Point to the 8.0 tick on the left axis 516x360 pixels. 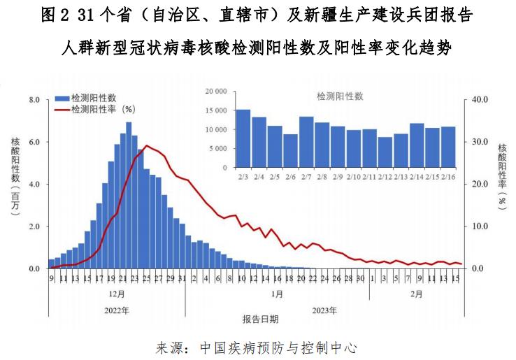[x=34, y=99]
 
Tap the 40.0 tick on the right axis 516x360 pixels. [x=479, y=99]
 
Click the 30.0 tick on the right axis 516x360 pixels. [x=479, y=142]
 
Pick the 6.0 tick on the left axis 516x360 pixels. [x=34, y=142]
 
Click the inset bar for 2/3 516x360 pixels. [x=243, y=138]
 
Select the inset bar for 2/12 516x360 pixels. [x=385, y=152]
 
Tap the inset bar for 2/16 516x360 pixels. [x=448, y=147]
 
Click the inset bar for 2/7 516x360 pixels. [x=306, y=142]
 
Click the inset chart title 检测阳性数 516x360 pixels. [x=340, y=96]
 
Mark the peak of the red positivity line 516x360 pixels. [x=145, y=145]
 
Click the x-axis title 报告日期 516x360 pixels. [x=260, y=319]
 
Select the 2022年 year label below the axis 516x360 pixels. [x=116, y=309]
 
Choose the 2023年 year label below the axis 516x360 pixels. [x=324, y=309]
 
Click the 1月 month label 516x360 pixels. [x=277, y=294]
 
